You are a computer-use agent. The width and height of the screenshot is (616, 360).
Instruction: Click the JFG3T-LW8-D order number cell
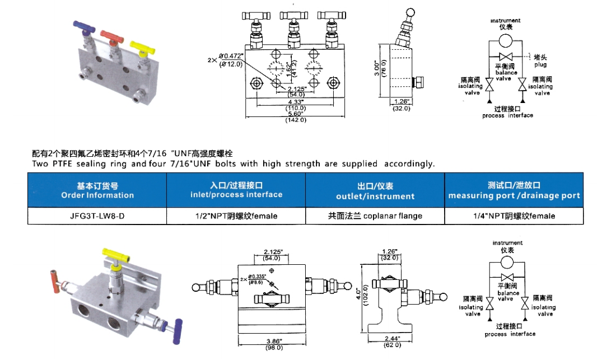click(97, 216)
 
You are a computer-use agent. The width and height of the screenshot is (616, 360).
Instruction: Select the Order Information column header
click(97, 190)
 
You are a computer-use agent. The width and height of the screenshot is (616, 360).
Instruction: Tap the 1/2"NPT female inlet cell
click(236, 216)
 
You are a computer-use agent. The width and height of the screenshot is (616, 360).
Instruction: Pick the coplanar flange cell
click(375, 216)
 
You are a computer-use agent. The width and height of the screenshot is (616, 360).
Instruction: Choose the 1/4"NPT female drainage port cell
click(514, 216)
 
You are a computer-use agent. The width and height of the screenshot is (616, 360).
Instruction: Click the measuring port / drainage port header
click(514, 190)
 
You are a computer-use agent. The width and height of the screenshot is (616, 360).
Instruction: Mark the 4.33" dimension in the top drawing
click(295, 102)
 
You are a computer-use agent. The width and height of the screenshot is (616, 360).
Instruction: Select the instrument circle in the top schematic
click(506, 40)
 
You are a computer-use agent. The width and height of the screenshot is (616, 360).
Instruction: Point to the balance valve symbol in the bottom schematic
click(508, 278)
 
